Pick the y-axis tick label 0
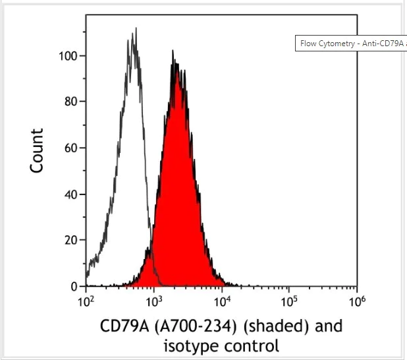[x=74, y=287]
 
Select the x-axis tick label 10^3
[x=153, y=301]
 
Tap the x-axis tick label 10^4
[x=222, y=301]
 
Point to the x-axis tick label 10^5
[x=289, y=301]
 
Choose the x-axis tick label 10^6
[x=356, y=301]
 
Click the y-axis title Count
[x=38, y=151]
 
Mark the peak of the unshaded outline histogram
[x=135, y=29]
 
